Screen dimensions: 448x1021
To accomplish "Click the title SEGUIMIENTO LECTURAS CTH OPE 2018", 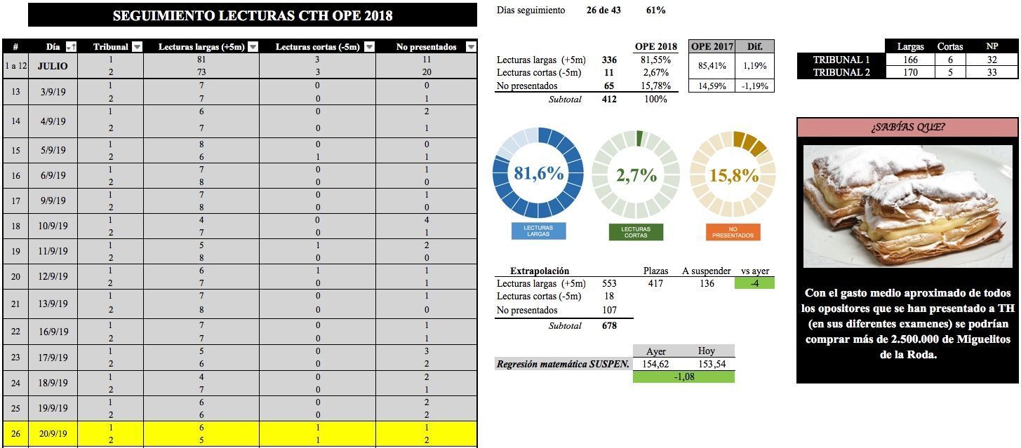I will pyautogui.click(x=253, y=15).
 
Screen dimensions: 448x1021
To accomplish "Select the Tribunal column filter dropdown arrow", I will pyautogui.click(x=138, y=47).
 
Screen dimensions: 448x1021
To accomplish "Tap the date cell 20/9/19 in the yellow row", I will pyautogui.click(x=53, y=433).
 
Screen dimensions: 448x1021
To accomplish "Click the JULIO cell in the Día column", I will pyautogui.click(x=53, y=66).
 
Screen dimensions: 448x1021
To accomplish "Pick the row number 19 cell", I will pyautogui.click(x=15, y=251).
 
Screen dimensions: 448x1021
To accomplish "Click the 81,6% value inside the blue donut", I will pyautogui.click(x=538, y=174).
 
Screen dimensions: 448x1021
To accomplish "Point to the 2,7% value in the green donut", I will pyautogui.click(x=636, y=175).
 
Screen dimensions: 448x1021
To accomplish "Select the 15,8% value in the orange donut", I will pyautogui.click(x=733, y=175).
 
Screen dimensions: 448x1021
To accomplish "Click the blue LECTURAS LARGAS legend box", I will pyautogui.click(x=538, y=231).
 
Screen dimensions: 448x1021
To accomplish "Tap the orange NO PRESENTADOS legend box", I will pyautogui.click(x=733, y=231).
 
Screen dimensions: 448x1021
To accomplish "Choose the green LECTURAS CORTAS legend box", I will pyautogui.click(x=636, y=231).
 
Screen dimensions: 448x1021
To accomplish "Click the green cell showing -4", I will pyautogui.click(x=754, y=283).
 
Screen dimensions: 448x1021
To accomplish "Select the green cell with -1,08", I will pyautogui.click(x=683, y=376).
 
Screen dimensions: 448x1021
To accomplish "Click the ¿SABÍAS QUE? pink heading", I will pyautogui.click(x=907, y=127).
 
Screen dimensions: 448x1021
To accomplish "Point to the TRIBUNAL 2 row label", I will pyautogui.click(x=841, y=72).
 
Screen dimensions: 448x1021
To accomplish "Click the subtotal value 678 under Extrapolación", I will pyautogui.click(x=609, y=325).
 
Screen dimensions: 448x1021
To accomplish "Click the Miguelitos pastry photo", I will pyautogui.click(x=907, y=205).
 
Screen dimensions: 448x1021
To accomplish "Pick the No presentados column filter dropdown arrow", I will pyautogui.click(x=471, y=47).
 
